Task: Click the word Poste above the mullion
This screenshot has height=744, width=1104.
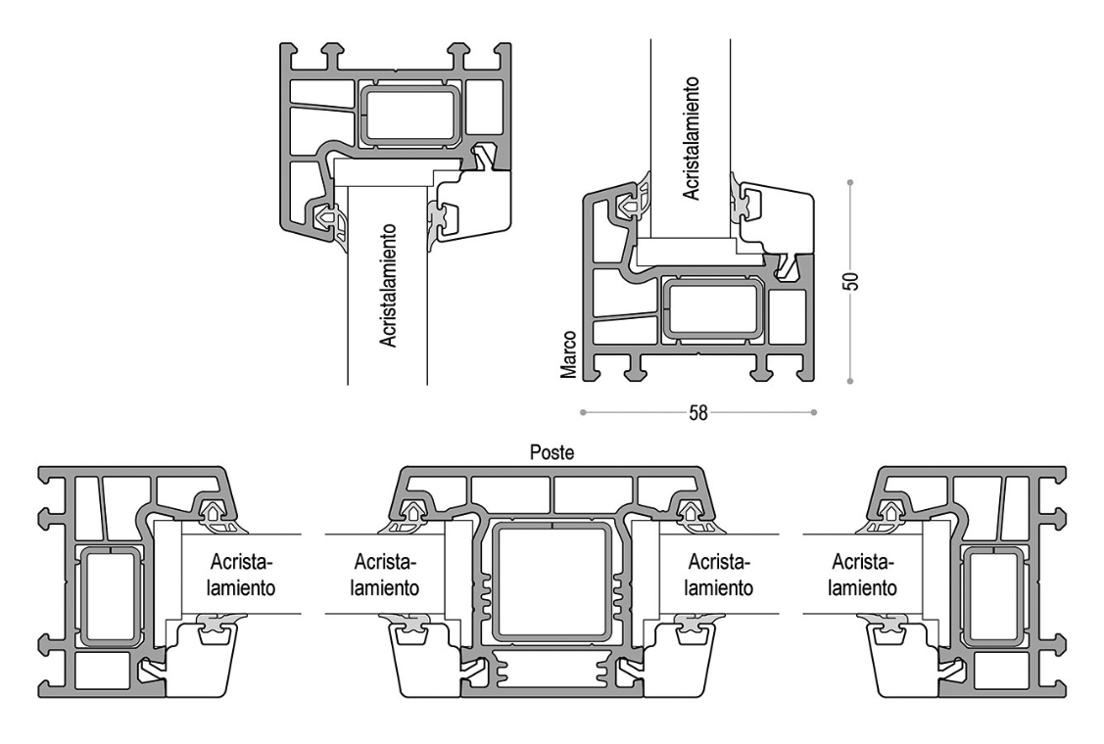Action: pos(552,452)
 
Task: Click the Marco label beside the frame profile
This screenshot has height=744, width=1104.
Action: pos(569,355)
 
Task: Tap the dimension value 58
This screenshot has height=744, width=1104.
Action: pos(697,413)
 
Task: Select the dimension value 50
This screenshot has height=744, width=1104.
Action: pos(851,281)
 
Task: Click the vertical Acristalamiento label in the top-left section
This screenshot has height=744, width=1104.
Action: pos(389,285)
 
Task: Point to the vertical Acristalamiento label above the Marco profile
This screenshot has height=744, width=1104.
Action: pos(692,138)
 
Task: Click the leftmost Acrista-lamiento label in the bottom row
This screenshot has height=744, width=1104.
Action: pos(241,575)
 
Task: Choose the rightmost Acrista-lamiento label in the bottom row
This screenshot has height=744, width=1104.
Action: pos(862,575)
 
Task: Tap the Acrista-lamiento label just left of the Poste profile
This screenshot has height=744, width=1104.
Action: pos(385,575)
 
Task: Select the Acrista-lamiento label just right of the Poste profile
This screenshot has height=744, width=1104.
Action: pos(719,575)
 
